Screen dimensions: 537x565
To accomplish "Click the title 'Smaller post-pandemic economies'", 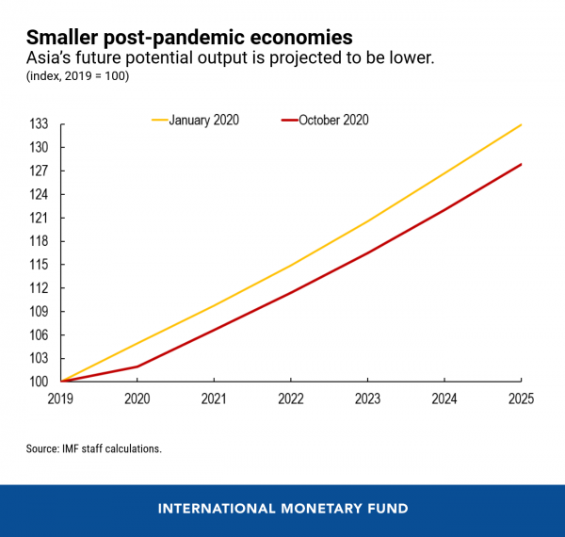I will pyautogui.click(x=189, y=38).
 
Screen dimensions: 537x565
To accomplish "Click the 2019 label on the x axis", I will pyautogui.click(x=62, y=399).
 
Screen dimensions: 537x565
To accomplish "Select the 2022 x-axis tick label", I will pyautogui.click(x=291, y=399).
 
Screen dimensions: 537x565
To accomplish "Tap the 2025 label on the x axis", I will pyautogui.click(x=520, y=399).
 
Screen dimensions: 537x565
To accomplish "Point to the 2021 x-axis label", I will pyautogui.click(x=215, y=399).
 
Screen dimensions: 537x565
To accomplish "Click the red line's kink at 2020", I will pyautogui.click(x=138, y=366).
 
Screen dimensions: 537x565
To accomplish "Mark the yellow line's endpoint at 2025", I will pyautogui.click(x=522, y=124).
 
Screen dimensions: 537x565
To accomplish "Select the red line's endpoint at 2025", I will pyautogui.click(x=522, y=164).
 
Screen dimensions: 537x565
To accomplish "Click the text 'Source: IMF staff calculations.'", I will pyautogui.click(x=94, y=449).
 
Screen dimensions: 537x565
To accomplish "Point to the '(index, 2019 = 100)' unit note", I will pyautogui.click(x=77, y=75).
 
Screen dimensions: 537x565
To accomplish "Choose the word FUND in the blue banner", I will pyautogui.click(x=387, y=509).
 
